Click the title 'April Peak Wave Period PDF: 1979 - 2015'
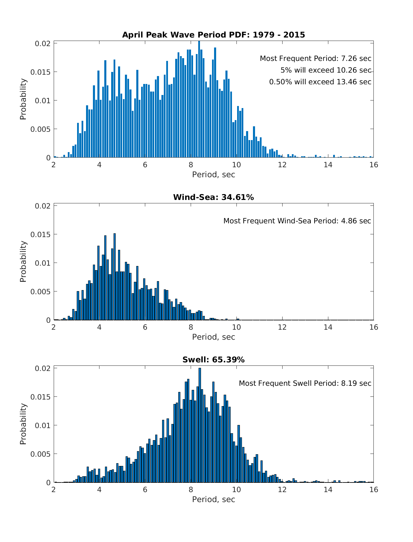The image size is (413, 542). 213,35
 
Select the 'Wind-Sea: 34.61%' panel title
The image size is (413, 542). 213,197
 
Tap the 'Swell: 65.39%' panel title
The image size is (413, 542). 213,360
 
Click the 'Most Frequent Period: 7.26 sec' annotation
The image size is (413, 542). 315,59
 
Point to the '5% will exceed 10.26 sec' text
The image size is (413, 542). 326,70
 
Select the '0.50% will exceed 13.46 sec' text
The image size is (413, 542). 320,82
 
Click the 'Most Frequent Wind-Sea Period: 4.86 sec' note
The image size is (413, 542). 297,221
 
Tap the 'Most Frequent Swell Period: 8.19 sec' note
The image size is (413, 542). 305,383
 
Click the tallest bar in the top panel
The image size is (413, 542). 199,100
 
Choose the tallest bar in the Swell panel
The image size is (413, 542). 200,425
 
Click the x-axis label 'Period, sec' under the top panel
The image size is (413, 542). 213,174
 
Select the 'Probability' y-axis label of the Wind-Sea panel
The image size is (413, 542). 23,262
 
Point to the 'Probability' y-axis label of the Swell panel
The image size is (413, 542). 23,424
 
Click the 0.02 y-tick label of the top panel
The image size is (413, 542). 43,43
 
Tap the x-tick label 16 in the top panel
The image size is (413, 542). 373,165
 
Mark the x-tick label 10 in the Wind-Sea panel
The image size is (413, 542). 236,327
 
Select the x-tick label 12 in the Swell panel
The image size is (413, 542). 282,490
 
